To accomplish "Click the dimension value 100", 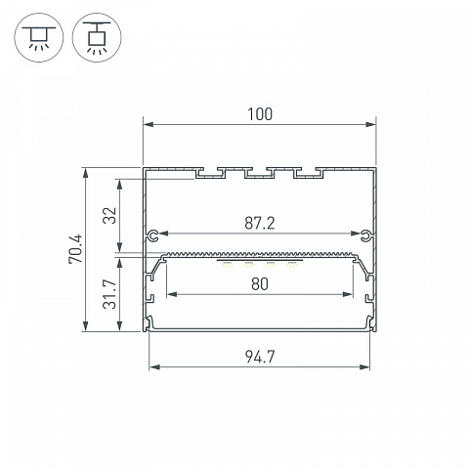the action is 260,114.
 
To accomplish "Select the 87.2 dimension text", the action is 260,224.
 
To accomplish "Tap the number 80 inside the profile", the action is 260,284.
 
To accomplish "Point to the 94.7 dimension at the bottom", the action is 260,357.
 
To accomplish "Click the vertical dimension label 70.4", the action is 75,249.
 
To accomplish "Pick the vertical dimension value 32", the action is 109,215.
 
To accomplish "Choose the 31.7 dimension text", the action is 109,294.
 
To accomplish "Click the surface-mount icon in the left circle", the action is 39,37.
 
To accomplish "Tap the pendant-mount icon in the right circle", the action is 97,37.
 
